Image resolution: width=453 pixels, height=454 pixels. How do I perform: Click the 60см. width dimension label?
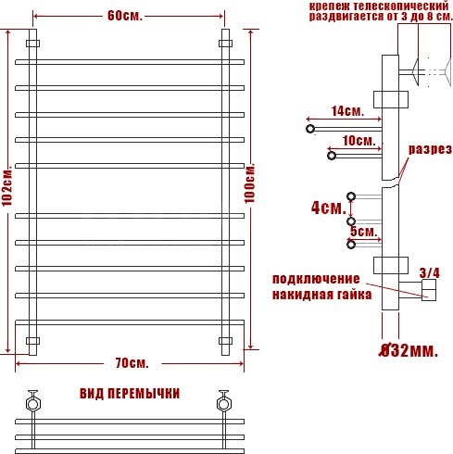125,16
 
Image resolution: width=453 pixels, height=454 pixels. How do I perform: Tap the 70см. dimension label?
132,363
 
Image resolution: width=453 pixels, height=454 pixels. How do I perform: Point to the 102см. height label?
6,187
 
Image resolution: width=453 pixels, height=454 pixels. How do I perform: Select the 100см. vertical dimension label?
249,183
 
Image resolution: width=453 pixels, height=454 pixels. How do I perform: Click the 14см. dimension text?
347,111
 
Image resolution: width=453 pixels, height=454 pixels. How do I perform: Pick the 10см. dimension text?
359,141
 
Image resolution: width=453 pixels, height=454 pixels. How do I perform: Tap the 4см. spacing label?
329,208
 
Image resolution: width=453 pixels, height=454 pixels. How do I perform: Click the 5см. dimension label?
364,232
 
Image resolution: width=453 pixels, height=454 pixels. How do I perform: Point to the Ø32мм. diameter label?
409,350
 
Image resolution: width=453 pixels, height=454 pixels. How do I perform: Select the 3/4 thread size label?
429,273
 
